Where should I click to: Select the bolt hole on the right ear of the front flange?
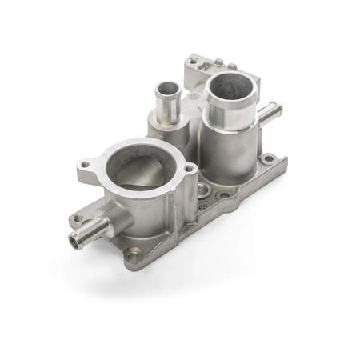click(189, 170)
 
